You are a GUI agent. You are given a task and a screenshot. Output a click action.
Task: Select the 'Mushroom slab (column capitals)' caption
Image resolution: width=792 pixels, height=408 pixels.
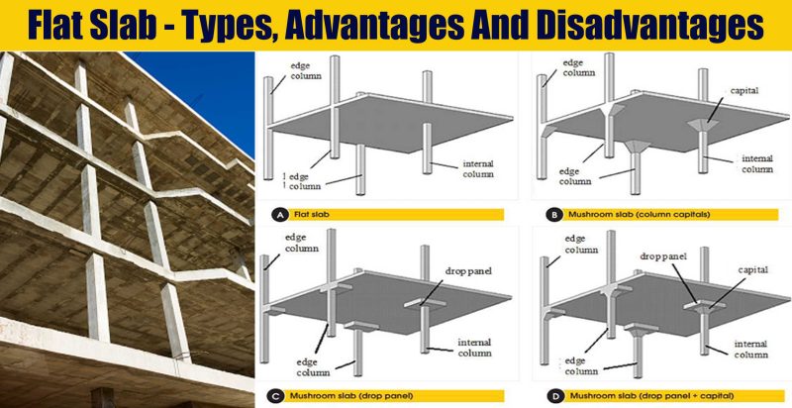coord(630,213)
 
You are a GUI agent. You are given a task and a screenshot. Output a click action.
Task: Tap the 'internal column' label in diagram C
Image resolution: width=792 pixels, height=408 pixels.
coord(481,349)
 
